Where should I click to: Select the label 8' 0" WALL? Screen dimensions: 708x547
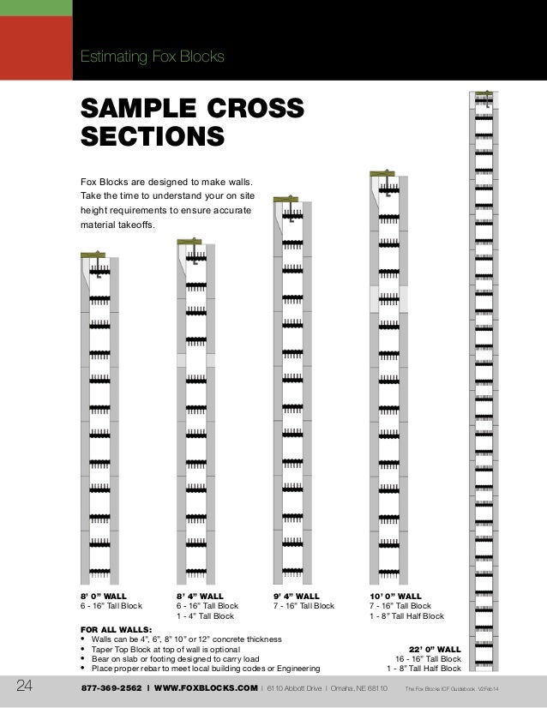point(103,595)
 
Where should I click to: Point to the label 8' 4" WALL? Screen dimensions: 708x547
point(200,595)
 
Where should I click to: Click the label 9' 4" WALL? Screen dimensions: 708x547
point(297,595)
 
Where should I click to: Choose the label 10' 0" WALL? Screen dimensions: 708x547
point(395,595)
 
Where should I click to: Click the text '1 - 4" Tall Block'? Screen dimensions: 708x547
point(205,615)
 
